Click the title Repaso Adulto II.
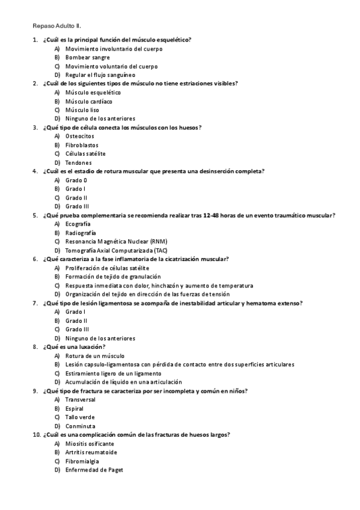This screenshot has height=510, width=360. click(x=56, y=26)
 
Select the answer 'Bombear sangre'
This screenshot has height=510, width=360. click(x=87, y=57)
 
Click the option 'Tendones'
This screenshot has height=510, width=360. click(x=78, y=162)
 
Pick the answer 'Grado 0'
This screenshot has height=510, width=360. click(x=76, y=180)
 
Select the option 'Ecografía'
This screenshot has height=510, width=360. click(x=78, y=224)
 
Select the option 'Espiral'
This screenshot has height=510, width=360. click(x=75, y=408)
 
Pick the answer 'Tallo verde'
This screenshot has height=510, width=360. click(x=80, y=417)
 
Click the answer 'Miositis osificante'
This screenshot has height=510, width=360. click(x=90, y=443)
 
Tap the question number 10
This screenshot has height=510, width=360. click(x=36, y=435)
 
